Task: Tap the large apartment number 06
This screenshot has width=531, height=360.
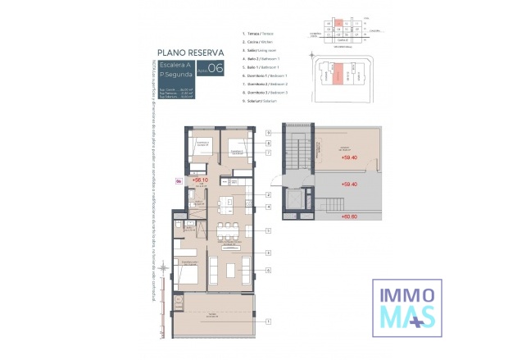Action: point(216,69)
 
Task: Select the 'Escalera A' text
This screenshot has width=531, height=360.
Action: point(176,64)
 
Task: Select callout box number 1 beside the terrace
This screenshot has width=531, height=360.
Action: point(267,322)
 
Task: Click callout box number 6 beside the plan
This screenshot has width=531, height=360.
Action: point(267,270)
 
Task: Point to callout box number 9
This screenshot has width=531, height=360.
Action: point(267,132)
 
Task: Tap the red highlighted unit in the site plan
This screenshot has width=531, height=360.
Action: point(336,76)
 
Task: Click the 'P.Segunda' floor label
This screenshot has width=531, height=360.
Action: point(176,75)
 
